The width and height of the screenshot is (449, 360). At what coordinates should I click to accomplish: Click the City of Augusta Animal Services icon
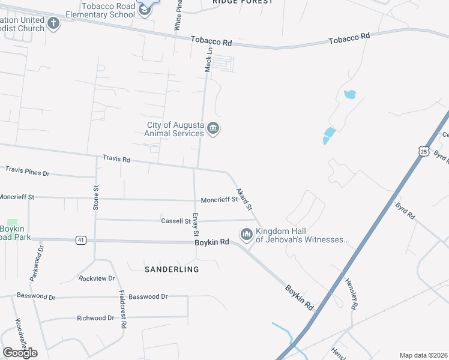[x=213, y=129]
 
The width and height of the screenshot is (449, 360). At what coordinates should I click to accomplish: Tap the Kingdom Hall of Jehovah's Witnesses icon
[x=246, y=235]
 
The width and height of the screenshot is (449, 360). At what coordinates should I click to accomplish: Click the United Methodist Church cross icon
[x=53, y=24]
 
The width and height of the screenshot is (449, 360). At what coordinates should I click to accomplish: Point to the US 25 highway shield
[x=424, y=151]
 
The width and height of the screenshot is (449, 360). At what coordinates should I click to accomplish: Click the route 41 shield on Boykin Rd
[x=80, y=240]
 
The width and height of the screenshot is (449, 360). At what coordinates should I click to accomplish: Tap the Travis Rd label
[x=116, y=160]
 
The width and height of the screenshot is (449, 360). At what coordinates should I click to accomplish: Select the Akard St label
[x=244, y=199]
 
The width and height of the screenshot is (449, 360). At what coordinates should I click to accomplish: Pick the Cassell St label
[x=175, y=221]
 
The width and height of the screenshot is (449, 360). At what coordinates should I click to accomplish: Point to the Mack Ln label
[x=209, y=61]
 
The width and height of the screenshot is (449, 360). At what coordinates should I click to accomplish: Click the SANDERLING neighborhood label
[x=172, y=269]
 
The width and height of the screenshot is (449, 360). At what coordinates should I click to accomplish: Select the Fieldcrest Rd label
[x=122, y=310]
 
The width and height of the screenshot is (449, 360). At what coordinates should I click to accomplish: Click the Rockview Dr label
[x=97, y=278]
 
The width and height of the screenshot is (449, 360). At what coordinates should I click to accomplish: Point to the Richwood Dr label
[x=95, y=318]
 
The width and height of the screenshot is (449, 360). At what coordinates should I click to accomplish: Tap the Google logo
[x=20, y=352]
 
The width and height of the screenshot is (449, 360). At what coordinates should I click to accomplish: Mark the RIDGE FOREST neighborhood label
[x=243, y=2]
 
